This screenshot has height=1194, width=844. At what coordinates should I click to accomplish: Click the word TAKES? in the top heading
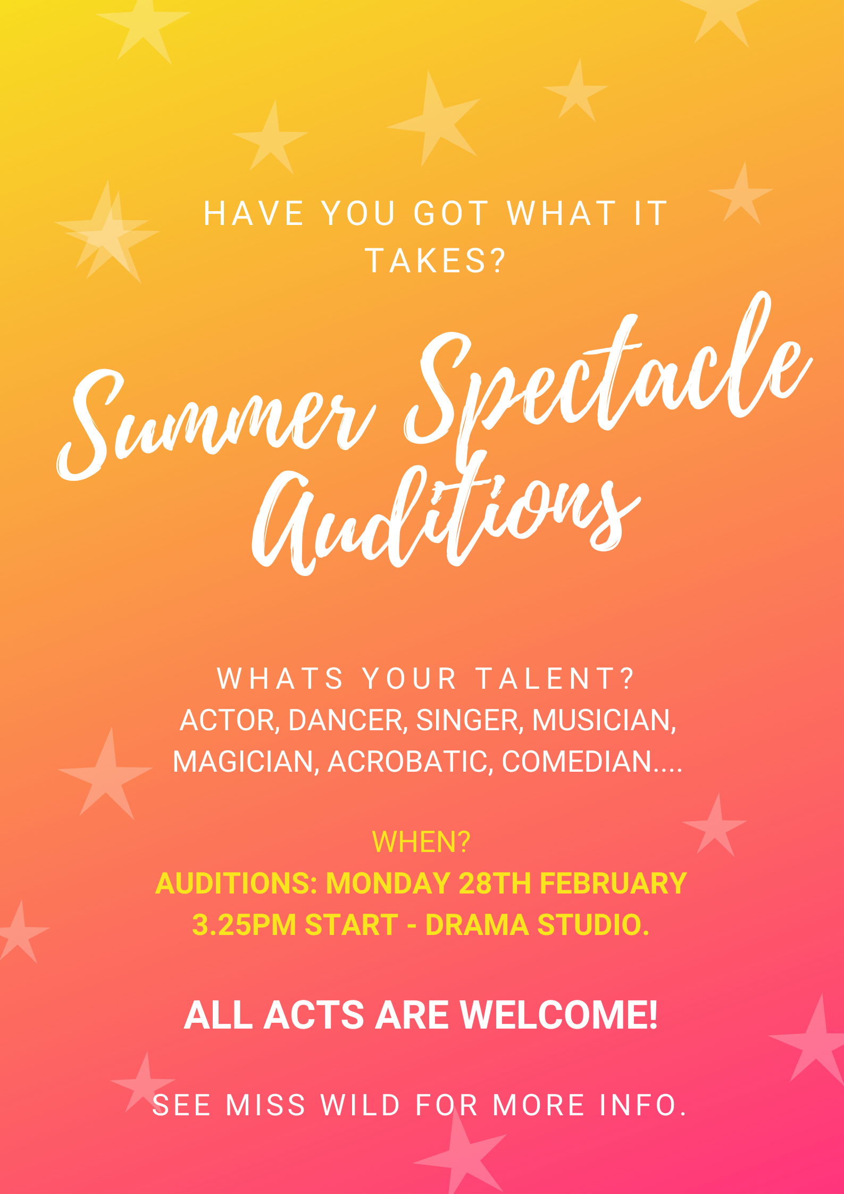[436, 261]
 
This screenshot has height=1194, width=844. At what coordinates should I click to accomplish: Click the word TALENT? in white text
[555, 679]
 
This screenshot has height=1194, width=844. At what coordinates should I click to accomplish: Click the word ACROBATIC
[407, 762]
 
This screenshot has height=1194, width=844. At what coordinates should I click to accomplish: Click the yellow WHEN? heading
[421, 842]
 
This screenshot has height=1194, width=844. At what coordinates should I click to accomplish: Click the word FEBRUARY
[613, 883]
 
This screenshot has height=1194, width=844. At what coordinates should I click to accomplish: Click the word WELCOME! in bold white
[559, 1015]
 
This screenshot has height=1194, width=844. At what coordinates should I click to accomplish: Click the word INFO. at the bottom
[643, 1105]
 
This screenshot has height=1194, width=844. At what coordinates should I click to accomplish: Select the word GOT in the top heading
[452, 213]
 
